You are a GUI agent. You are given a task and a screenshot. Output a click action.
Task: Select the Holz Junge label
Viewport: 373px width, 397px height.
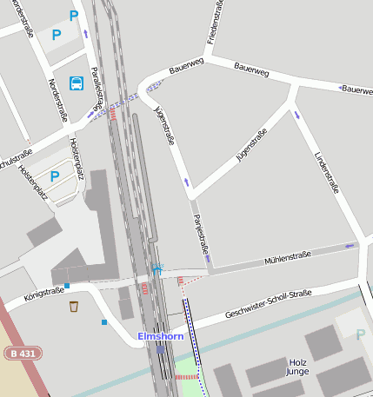pos(297,367)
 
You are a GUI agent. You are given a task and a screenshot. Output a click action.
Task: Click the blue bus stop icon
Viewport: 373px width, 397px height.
pos(77,83)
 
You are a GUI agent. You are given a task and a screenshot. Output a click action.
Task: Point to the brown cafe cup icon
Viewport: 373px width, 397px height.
pos(74,306)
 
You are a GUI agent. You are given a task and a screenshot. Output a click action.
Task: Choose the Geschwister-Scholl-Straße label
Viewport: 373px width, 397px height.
pos(268,304)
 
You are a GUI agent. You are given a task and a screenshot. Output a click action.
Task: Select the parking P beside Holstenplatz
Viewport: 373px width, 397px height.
pos(55,176)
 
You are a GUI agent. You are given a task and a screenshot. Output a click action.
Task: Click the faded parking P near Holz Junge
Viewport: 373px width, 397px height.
pos(361,334)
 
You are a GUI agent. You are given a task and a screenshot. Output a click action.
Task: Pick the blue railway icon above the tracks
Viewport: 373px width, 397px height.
pos(157,268)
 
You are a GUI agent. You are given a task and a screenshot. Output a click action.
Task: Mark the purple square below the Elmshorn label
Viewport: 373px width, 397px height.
pos(161,348)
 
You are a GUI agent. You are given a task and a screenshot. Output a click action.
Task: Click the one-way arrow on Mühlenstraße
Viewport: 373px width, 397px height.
pos(350,246)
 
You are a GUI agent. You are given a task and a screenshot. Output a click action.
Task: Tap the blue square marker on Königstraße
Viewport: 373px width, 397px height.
pos(67,285)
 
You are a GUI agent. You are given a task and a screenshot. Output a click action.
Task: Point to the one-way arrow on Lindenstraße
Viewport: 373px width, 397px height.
pos(296,115)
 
